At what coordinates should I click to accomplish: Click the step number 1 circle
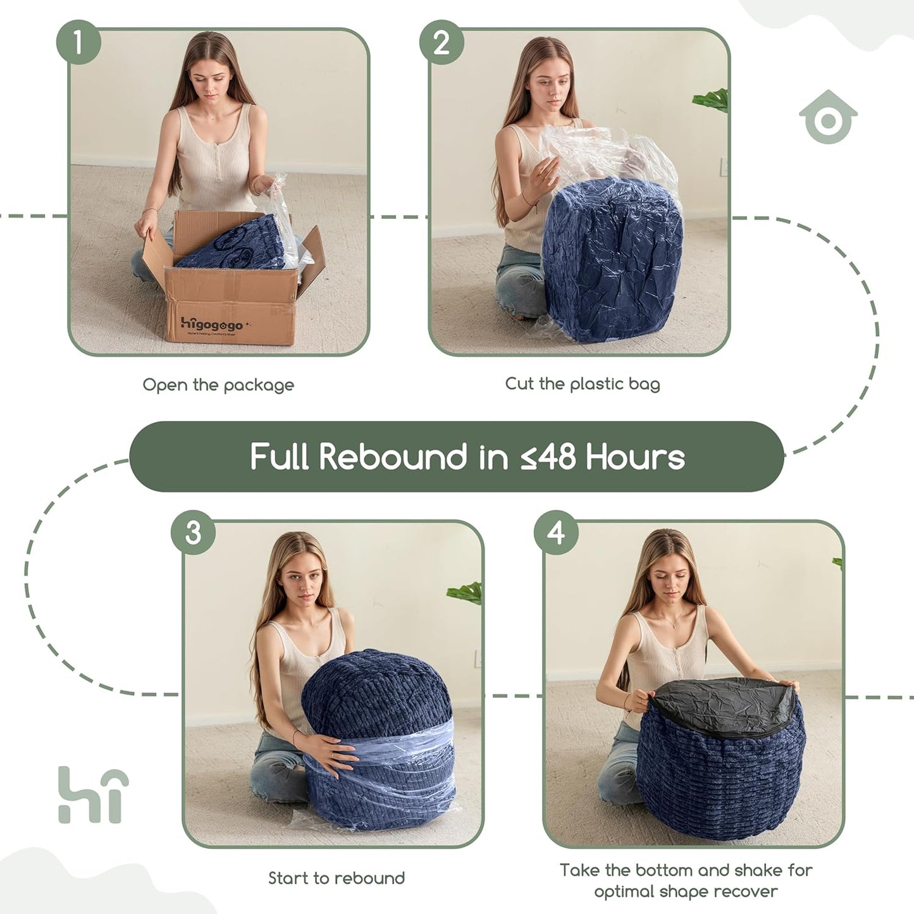tap(78, 42)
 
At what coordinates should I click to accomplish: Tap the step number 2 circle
tap(442, 42)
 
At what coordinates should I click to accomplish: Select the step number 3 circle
tap(194, 533)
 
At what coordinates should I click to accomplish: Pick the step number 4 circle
tap(556, 533)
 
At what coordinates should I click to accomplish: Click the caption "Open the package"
tap(218, 385)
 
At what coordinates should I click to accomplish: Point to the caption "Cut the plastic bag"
tap(582, 383)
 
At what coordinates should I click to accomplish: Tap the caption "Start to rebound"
tap(336, 878)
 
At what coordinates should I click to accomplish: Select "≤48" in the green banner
tap(548, 457)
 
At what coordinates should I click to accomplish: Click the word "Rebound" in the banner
tap(393, 457)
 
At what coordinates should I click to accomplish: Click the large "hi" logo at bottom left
tap(93, 795)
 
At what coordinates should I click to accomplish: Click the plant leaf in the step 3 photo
tap(466, 593)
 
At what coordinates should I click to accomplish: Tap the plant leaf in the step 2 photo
tap(712, 100)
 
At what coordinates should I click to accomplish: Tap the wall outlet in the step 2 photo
tap(723, 167)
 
